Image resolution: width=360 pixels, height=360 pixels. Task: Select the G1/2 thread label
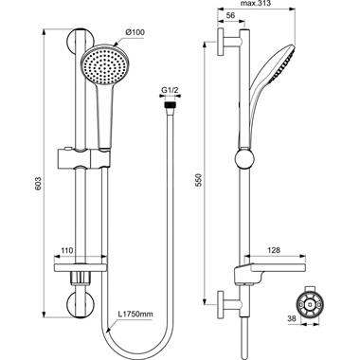click(169, 90)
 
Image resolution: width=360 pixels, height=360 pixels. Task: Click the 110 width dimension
click(67, 249)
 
